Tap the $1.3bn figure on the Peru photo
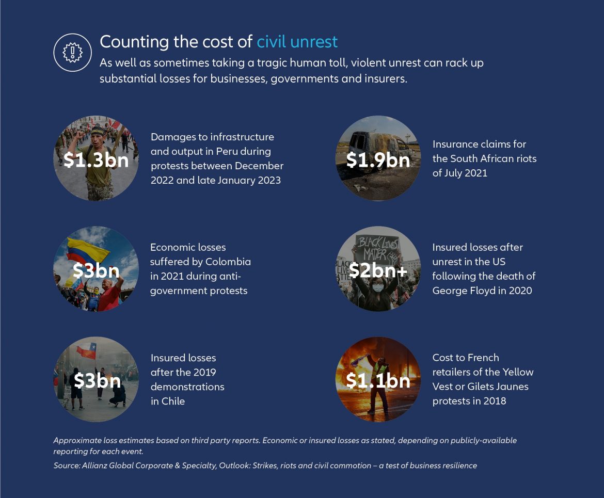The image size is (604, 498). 96,160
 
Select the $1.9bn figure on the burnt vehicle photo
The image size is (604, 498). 378,160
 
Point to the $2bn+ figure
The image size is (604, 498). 378,270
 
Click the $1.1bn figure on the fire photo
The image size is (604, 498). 378,381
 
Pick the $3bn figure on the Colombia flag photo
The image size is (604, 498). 96,270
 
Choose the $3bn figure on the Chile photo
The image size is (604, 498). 97,381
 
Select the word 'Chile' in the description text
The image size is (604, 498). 173,401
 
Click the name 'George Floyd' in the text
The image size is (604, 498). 462,291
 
